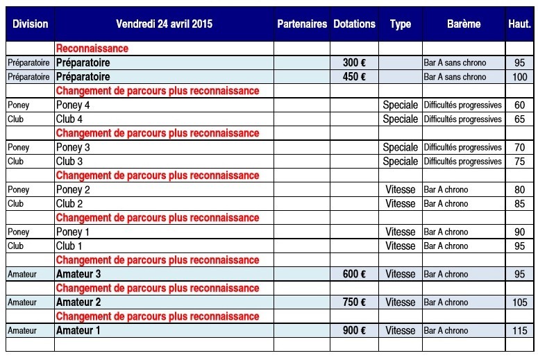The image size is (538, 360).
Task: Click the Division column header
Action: [x=30, y=24]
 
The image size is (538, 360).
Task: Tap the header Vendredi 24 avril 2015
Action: [x=164, y=24]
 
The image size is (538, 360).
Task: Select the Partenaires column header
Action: [x=301, y=24]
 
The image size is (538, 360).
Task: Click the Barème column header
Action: [x=463, y=24]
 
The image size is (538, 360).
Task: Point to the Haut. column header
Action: [x=519, y=24]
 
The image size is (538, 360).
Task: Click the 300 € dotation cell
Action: [x=354, y=63]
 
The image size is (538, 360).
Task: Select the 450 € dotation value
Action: [x=354, y=77]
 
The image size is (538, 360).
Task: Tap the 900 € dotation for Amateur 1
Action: [x=354, y=331]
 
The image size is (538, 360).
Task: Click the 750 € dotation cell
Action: [x=354, y=302]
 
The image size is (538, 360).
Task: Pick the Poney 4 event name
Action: [x=73, y=105]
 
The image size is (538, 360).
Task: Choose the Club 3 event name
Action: [x=69, y=162]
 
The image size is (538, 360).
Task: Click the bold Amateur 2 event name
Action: [x=78, y=302]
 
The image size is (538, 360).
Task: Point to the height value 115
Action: [x=520, y=331]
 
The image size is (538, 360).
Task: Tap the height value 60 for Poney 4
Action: [x=520, y=105]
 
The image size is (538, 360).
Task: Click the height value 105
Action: [x=520, y=302]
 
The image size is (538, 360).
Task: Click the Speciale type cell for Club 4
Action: [x=401, y=119]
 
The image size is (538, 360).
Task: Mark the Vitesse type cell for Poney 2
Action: [x=401, y=190]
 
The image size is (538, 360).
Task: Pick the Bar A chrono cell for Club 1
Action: [x=446, y=246]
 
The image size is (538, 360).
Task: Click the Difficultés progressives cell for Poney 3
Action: [x=462, y=148]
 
